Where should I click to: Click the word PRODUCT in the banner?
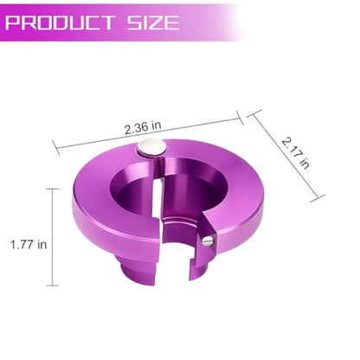[60, 22]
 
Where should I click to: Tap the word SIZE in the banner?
[153, 22]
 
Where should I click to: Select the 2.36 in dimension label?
[143, 127]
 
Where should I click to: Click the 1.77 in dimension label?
[29, 245]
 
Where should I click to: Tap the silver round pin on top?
[152, 146]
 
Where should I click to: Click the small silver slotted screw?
[207, 241]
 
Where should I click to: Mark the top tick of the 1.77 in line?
[53, 189]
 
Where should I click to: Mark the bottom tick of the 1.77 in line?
[53, 286]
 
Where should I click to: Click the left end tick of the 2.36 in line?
[56, 147]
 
